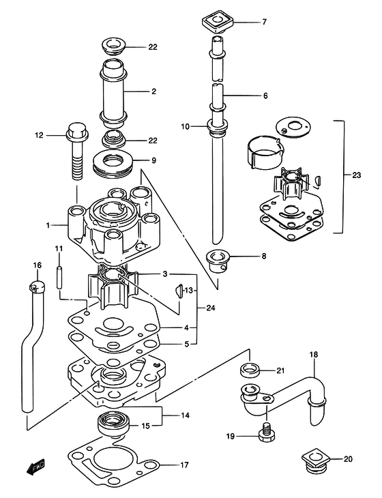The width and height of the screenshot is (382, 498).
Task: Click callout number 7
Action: tap(264, 23)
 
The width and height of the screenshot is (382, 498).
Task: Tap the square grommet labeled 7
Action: tap(218, 23)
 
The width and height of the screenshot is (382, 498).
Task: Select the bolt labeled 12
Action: tap(76, 151)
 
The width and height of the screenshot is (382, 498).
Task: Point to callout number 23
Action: tap(356, 175)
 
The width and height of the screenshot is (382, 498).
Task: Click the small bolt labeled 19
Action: tap(267, 433)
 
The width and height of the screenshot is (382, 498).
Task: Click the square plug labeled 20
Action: tap(314, 460)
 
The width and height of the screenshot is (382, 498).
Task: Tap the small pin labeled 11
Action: tap(59, 277)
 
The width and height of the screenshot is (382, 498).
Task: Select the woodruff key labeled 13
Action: tap(179, 291)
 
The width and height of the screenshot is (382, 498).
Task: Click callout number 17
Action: tap(184, 465)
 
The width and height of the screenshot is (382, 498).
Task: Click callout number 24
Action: tap(211, 308)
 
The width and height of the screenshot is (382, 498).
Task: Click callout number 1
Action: tap(48, 226)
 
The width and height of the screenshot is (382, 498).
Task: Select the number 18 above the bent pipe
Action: tap(313, 354)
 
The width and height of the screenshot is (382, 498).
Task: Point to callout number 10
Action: tap(185, 126)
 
